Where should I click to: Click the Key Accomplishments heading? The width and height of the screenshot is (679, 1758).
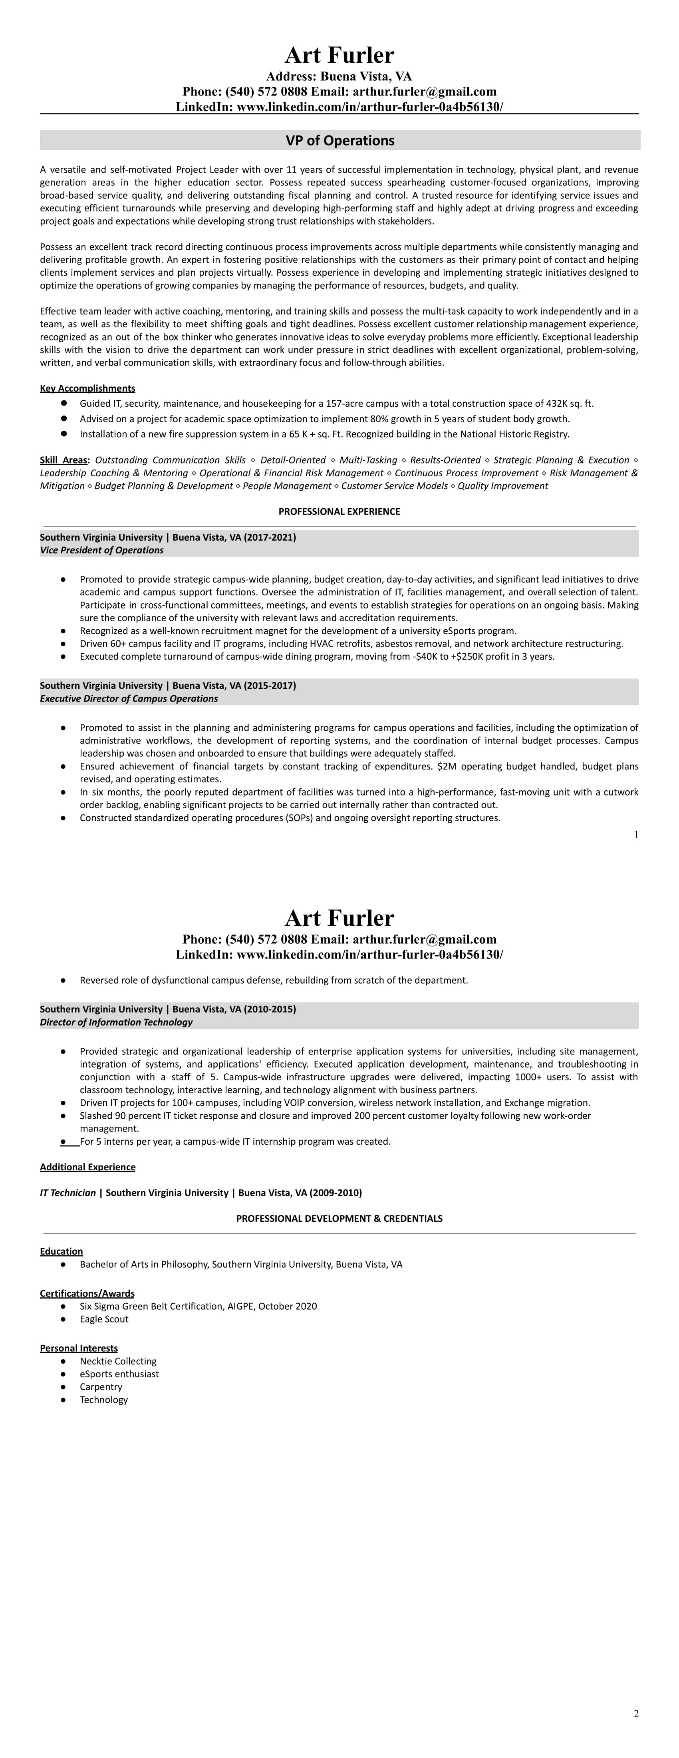coord(87,388)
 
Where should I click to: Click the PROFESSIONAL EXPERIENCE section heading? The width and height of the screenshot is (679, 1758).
coord(339,511)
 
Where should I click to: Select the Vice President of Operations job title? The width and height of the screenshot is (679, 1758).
coord(102,550)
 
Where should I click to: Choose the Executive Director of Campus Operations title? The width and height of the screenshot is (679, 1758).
coord(129,698)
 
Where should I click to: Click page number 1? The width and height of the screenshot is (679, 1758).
coord(636,834)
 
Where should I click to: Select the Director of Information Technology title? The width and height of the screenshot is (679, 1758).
coord(116,1022)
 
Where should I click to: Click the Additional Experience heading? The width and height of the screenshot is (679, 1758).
coord(87,1167)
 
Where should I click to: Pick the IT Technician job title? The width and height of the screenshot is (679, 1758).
coord(68,1193)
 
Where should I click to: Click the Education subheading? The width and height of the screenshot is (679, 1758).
coord(62,1251)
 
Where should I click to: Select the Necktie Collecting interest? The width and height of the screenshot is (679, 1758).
coord(118,1361)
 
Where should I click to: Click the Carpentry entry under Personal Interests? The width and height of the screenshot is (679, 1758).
coord(101,1387)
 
